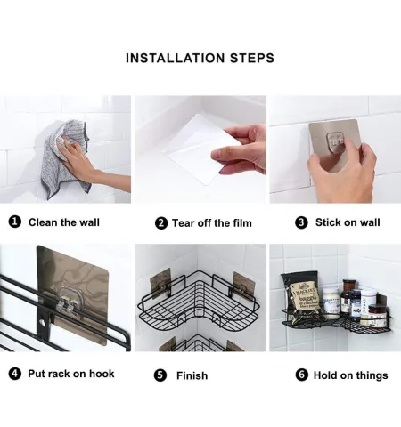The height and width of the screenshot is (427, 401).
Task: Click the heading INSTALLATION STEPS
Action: tap(200, 58)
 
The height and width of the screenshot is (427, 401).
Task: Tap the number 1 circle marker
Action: tap(15, 222)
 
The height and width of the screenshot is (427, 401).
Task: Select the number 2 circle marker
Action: tap(161, 223)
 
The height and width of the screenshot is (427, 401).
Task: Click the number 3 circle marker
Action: tap(301, 222)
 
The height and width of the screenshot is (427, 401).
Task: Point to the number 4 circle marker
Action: tap(15, 374)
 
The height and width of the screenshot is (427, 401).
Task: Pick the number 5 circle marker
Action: tap(160, 375)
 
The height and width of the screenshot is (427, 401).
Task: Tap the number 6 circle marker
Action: tap(301, 375)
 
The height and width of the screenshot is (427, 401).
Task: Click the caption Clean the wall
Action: tap(64, 222)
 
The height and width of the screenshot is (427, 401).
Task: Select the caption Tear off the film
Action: tap(212, 223)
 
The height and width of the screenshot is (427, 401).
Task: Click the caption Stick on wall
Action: tap(348, 222)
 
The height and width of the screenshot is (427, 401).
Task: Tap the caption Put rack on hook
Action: tap(71, 374)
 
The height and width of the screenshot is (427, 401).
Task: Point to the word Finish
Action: tap(192, 375)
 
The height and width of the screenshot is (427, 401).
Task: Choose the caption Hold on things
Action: tap(350, 375)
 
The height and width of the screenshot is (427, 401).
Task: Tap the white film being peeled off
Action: tap(202, 149)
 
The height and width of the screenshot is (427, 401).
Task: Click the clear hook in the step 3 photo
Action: tap(337, 141)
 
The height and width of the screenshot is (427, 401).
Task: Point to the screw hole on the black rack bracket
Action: tap(44, 322)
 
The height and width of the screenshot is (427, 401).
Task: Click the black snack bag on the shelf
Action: tap(300, 296)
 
